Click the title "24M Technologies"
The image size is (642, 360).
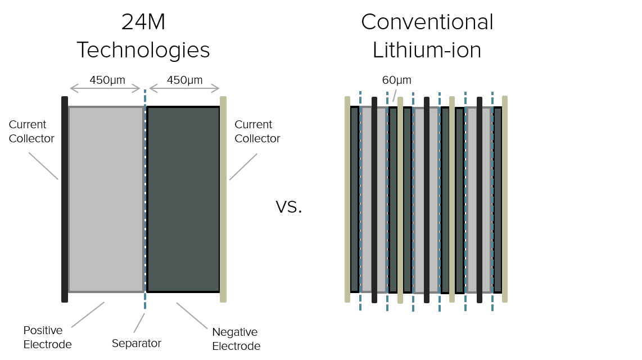pos(143,37)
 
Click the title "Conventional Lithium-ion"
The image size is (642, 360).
pos(427,37)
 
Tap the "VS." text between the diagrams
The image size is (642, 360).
pos(289,208)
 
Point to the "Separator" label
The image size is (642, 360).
pos(136,343)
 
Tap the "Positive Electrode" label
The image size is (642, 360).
pos(47,336)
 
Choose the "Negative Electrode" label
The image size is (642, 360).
pos(236,338)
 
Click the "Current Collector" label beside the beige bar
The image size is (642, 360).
pos(257,131)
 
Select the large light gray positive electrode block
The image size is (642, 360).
pos(106,199)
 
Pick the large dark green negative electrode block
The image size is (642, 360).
pos(183,199)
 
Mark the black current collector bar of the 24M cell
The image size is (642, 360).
pos(65,199)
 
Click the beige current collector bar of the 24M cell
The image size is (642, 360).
pos(223,199)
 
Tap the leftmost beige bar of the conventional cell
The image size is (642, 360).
pos(347,199)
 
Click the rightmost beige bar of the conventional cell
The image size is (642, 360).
pos(505,199)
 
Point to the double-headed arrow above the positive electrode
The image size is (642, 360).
pos(105,88)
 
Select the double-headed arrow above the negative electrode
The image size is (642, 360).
pos(184,88)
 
